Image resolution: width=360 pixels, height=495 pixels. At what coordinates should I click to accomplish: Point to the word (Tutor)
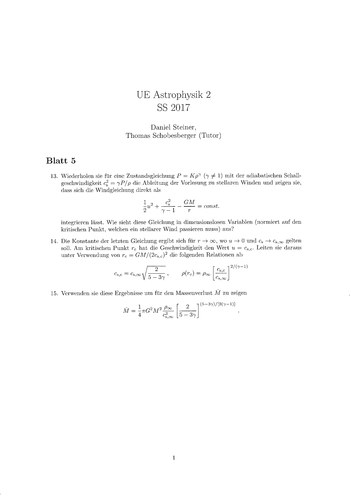210,136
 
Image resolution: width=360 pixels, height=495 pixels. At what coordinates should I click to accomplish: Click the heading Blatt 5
61,161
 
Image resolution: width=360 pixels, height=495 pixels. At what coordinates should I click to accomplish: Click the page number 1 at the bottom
174,458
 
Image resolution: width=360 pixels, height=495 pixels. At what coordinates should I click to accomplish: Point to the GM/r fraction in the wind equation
189,206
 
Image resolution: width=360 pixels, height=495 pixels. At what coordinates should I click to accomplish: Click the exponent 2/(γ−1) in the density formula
239,266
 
